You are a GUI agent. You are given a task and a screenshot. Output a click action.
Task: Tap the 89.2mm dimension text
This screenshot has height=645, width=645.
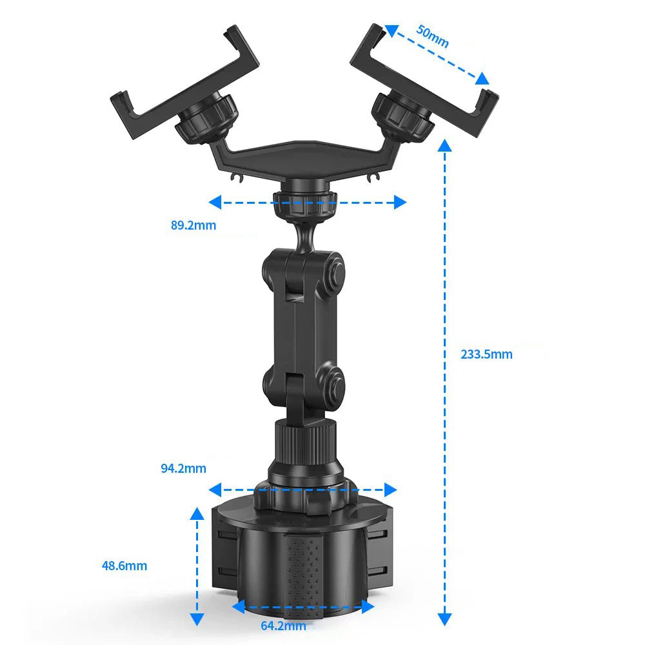[193, 225]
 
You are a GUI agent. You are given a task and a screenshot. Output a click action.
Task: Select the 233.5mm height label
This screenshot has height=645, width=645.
[486, 354]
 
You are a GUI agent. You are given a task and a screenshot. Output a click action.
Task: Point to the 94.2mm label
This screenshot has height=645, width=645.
[183, 468]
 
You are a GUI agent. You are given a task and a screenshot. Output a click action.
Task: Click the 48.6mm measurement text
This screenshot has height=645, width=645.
[124, 566]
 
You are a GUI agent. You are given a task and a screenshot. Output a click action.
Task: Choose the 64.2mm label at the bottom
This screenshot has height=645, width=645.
[283, 625]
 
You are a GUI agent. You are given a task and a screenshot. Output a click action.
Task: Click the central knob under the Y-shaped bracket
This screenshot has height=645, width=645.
[303, 203]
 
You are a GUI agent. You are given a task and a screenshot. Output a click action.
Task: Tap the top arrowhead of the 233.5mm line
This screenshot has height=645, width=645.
[444, 145]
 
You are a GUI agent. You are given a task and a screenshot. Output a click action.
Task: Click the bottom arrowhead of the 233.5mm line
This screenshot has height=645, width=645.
[444, 619]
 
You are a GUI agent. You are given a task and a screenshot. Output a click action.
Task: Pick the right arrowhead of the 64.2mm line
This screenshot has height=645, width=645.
[368, 606]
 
